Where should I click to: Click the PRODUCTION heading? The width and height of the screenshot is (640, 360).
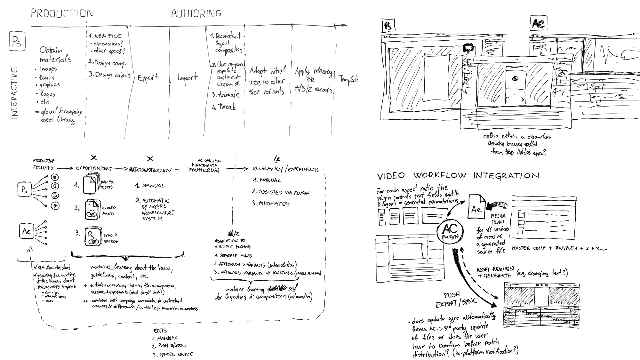(x=62, y=13)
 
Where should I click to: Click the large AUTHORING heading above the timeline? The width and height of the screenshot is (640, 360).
(x=196, y=13)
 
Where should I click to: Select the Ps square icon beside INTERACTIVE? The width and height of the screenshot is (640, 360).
(x=17, y=41)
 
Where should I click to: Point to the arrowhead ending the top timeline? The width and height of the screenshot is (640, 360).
(x=344, y=25)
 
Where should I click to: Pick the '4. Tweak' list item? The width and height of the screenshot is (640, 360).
(x=224, y=107)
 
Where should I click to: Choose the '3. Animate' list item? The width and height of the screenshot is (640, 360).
(x=226, y=95)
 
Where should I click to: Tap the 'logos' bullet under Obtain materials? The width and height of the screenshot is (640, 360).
(x=47, y=94)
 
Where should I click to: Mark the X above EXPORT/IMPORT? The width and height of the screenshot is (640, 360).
(x=93, y=157)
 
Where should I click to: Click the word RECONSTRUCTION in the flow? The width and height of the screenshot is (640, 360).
(x=150, y=170)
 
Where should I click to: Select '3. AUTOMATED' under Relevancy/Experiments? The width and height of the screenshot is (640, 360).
(x=270, y=204)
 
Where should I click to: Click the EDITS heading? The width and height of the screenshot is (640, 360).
(x=160, y=331)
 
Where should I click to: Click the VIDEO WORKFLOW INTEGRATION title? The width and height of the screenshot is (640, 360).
(x=458, y=176)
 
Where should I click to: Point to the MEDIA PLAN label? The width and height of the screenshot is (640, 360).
(x=498, y=219)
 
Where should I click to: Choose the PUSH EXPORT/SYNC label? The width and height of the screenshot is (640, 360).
(x=456, y=299)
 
